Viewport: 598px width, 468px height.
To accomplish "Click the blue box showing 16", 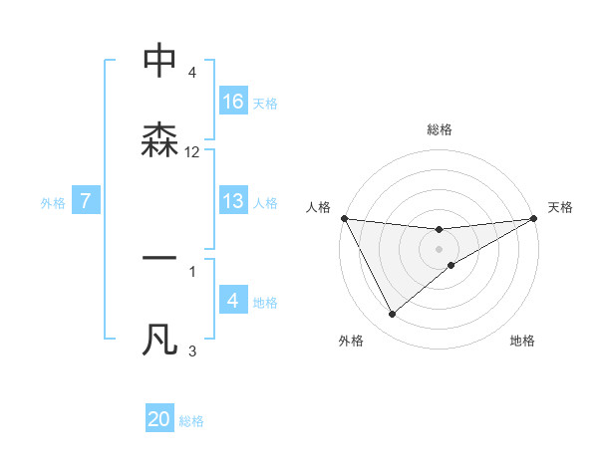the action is (233, 102).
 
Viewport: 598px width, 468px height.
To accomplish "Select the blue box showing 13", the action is (233, 200).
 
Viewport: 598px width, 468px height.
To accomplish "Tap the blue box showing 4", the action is (233, 301).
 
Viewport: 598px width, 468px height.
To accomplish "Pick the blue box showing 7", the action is (86, 201).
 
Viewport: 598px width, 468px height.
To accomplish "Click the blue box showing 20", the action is (159, 419).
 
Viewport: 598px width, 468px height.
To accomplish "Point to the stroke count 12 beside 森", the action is (192, 152).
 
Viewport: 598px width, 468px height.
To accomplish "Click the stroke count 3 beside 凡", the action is (192, 351).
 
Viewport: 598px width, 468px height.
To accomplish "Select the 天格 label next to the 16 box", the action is (265, 103).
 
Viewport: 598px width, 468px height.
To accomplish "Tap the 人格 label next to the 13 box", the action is (265, 202).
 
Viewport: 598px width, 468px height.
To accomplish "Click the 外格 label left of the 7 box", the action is (53, 202).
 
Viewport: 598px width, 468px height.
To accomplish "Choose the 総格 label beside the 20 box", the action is (191, 421).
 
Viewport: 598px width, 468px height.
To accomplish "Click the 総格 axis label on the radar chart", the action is (440, 129).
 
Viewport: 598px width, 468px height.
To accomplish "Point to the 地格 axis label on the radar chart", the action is (522, 341).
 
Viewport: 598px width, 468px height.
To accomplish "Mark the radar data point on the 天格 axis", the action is (534, 218).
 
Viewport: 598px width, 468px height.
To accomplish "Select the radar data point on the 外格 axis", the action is (392, 315).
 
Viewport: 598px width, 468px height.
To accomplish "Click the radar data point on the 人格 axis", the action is (344, 218).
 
